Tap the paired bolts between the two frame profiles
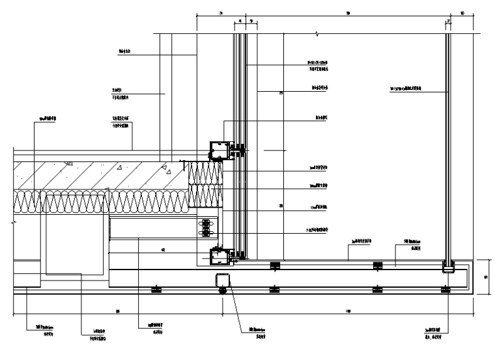coord(208,228)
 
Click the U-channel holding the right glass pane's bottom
coord(447,266)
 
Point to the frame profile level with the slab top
coord(219,150)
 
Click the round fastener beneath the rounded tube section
coord(223,291)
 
